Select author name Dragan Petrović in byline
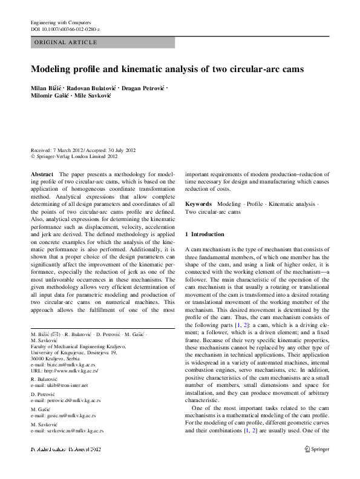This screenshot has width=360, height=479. (x=143, y=89)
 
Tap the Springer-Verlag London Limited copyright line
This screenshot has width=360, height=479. (x=76, y=156)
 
